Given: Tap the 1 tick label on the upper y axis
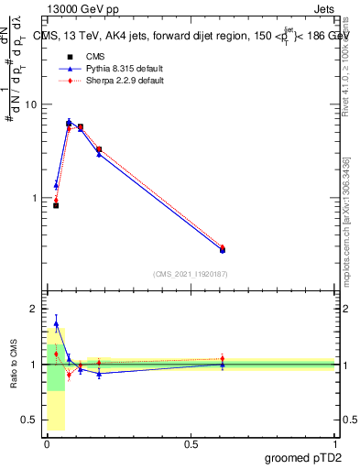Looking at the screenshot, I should point(34,198).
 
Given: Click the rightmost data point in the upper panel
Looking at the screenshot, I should point(222,249).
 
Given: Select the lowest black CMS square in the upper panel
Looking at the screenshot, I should point(56,205).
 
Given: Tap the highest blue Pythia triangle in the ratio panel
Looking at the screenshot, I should point(56,323).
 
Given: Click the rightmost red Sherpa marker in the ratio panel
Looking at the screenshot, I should point(222,359).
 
